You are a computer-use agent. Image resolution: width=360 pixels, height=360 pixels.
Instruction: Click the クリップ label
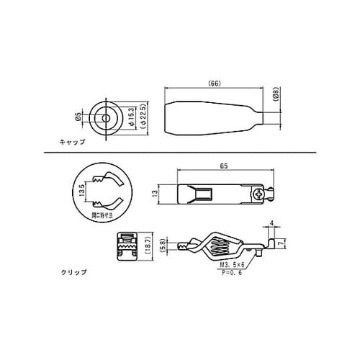pos(74,272)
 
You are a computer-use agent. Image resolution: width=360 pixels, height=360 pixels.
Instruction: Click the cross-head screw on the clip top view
pos(258,194)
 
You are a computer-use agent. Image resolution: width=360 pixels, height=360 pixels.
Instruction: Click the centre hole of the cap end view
pos(106,115)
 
